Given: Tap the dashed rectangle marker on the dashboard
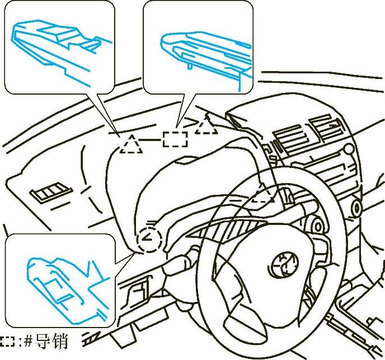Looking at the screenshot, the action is click(175, 138).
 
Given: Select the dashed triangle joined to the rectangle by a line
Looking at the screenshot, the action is click(130, 144).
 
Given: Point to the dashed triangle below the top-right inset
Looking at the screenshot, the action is click(206, 127).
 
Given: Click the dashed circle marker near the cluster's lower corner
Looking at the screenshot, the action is click(149, 240).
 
